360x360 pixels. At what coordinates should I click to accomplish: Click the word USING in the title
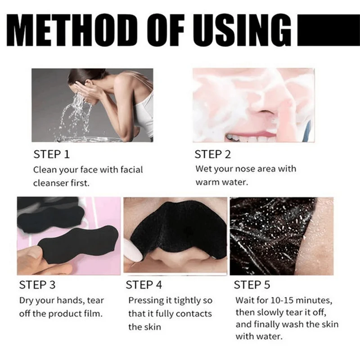250,31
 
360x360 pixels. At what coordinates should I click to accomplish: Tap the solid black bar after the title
328,31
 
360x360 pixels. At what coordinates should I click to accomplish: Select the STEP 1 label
52,155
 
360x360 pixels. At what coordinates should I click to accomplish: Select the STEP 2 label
212,155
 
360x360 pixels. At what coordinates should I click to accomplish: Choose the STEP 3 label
38,285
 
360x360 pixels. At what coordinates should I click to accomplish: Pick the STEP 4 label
144,285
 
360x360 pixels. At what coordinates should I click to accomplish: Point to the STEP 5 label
252,285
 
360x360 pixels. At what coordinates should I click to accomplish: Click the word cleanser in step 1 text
51,183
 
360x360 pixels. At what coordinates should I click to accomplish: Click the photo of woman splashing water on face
92,104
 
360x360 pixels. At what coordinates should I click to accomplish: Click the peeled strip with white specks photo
281,236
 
